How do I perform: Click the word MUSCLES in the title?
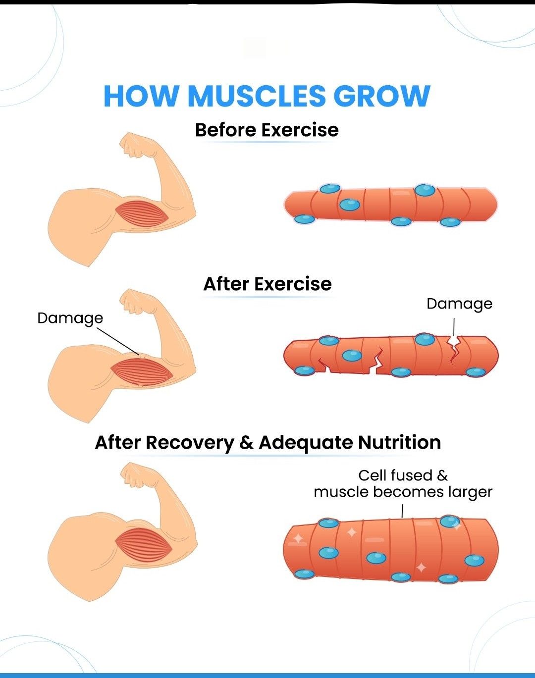click(x=256, y=96)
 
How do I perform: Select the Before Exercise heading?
click(x=267, y=130)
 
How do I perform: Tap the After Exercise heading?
click(x=267, y=284)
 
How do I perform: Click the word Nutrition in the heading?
click(x=399, y=442)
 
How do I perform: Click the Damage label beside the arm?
click(x=70, y=318)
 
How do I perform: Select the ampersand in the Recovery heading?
click(x=246, y=442)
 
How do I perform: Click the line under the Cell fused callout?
click(x=402, y=511)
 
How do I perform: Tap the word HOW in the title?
click(x=141, y=96)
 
